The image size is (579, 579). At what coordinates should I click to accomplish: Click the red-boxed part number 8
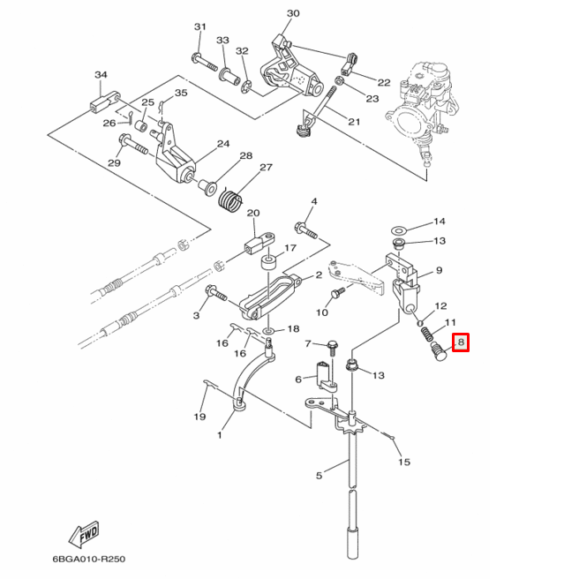click(461, 342)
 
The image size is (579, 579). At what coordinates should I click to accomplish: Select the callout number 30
click(293, 13)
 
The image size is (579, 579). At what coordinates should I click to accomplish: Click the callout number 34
click(100, 75)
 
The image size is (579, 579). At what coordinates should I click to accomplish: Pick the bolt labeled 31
click(200, 62)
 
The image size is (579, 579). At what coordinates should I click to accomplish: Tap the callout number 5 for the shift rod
click(320, 476)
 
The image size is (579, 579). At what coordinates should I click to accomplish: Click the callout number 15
click(404, 462)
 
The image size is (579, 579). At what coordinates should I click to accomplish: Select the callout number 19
click(200, 417)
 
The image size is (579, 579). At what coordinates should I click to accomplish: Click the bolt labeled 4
click(305, 229)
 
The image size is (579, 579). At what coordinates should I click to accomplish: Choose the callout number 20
click(253, 214)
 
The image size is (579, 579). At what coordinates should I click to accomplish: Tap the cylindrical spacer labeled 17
click(267, 267)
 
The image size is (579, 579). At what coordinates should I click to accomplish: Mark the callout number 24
click(222, 144)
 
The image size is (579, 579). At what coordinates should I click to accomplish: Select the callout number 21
click(354, 122)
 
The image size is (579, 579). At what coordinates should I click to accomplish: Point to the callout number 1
click(220, 434)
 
